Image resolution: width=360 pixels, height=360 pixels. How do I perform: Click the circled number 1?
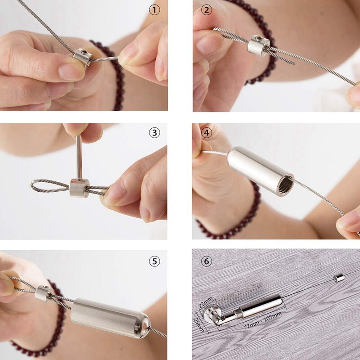coord(154,9)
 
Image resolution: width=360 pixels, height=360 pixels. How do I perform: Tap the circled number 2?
coord(207,9)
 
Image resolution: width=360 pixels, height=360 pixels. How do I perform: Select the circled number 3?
coord(154,132)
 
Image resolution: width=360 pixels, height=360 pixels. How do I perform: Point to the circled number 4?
coord(207,133)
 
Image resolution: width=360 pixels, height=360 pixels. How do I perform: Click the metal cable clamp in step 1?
coord(83,58)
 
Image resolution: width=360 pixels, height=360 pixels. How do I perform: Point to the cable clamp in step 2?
coord(259,45)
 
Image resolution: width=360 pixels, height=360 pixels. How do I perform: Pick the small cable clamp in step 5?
coord(44,293)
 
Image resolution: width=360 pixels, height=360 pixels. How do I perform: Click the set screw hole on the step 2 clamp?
coord(261,39)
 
